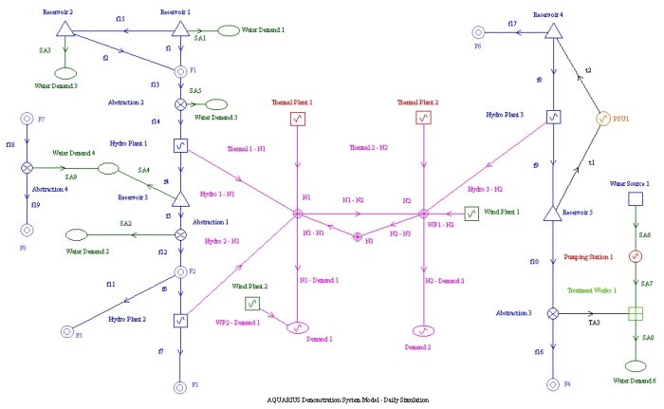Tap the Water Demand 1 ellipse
230,31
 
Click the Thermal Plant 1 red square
298,120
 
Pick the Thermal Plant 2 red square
423,119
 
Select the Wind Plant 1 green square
471,214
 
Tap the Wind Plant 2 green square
252,304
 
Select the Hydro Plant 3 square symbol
551,119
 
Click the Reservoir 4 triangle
551,31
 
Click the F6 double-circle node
478,31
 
